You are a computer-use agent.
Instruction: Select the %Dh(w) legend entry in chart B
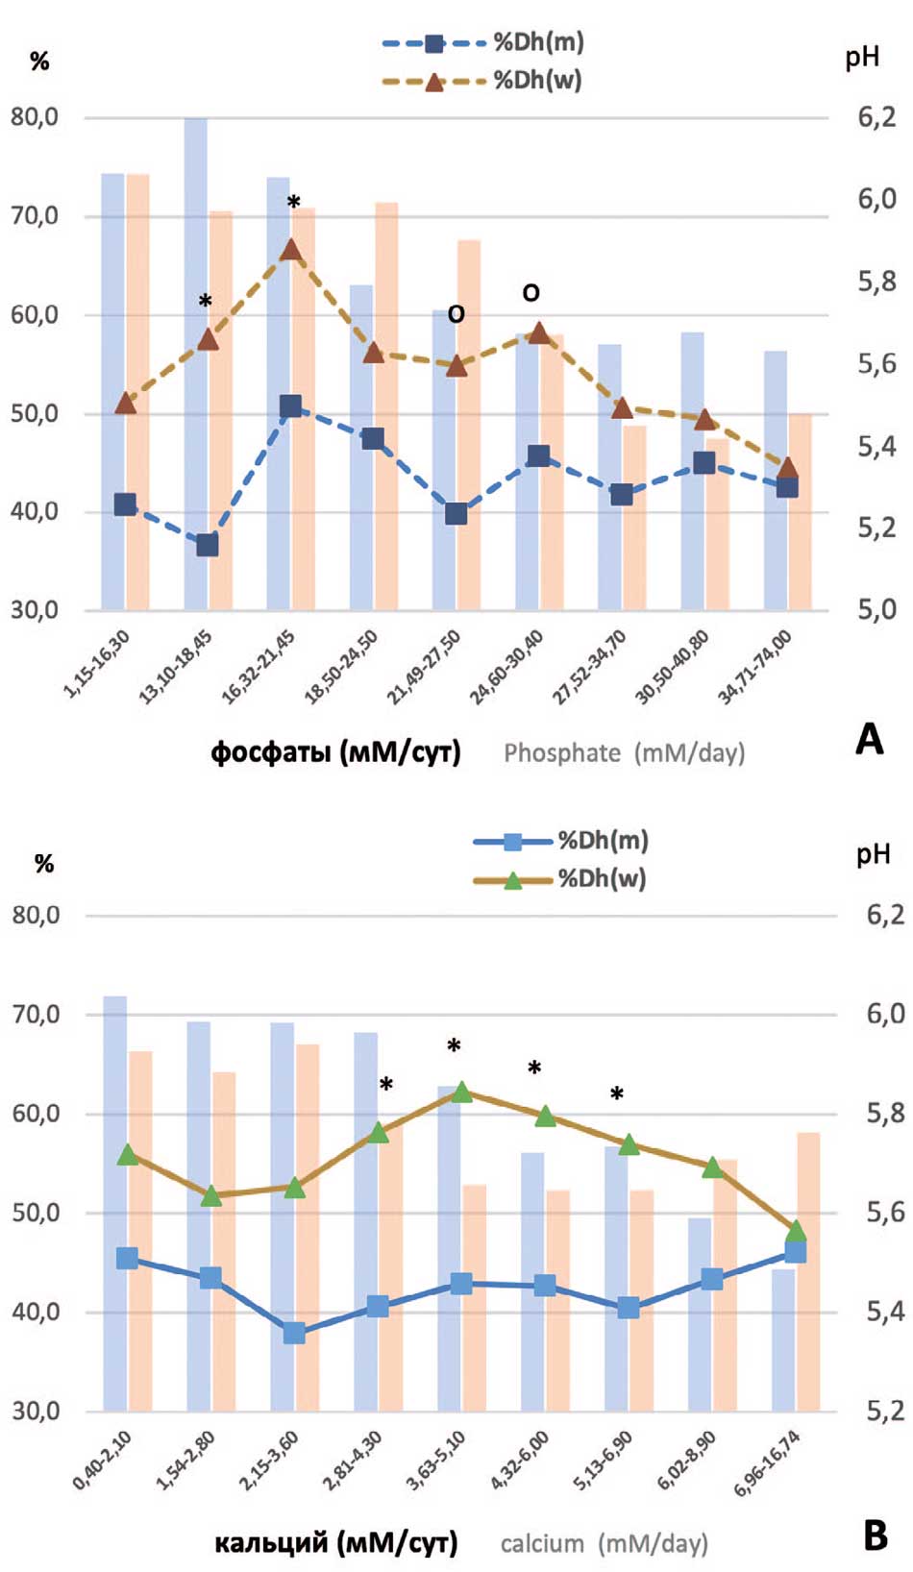559,878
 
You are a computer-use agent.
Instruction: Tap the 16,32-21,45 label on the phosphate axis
259,666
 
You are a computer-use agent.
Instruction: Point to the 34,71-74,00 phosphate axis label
755,666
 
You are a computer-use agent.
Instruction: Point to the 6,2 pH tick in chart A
876,117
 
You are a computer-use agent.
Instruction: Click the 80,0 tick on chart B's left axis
36,915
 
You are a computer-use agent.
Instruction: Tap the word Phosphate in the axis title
562,752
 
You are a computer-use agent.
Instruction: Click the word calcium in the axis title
542,1543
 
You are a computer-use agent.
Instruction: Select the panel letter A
870,739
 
